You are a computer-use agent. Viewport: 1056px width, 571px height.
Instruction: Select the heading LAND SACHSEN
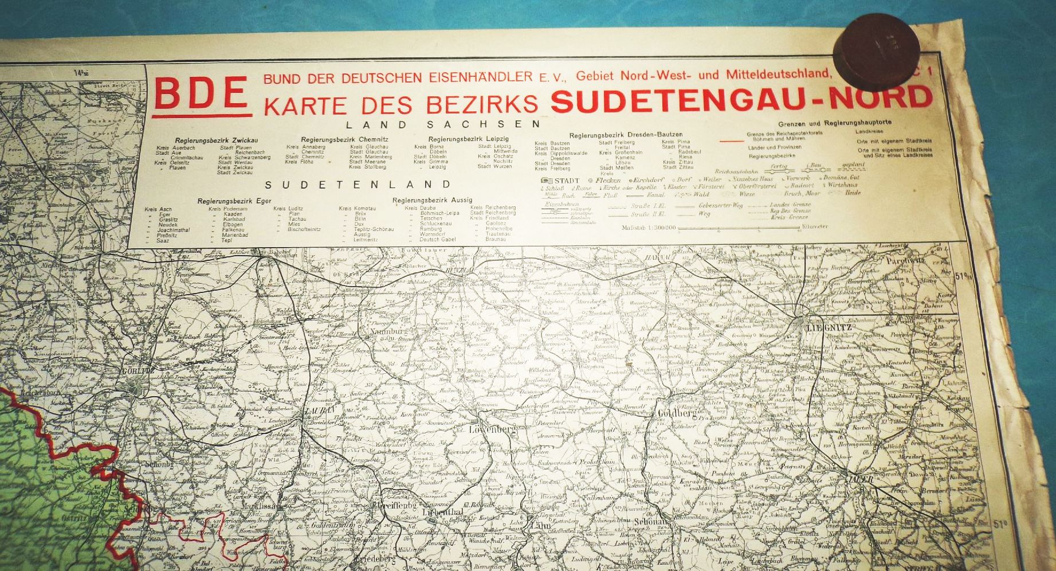tap(443, 124)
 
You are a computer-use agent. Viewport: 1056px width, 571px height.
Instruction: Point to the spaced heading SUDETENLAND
tap(358, 185)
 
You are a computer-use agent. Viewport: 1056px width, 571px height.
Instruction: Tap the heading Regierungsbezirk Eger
tap(226, 201)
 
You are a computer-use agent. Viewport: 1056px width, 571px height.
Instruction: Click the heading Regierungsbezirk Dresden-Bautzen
tap(626, 134)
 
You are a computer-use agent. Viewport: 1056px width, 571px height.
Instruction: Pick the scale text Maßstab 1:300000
tap(649, 228)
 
